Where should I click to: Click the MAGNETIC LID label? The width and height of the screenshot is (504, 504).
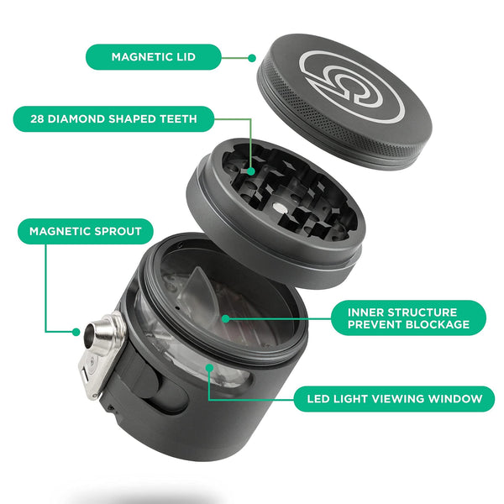[153, 57]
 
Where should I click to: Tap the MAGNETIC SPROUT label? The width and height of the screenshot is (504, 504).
[85, 231]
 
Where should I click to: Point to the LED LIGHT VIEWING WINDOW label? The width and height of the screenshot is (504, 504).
[388, 398]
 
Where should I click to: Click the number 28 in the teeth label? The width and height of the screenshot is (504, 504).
[36, 118]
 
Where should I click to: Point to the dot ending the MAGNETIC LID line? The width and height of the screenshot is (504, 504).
[253, 58]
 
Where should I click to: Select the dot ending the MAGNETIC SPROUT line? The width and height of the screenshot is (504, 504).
[78, 332]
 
